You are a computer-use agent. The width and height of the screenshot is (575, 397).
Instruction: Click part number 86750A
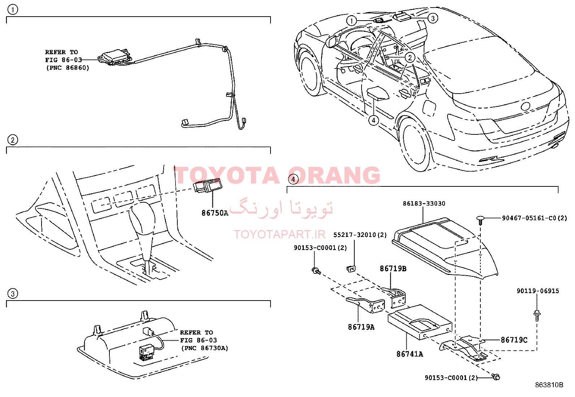(215, 213)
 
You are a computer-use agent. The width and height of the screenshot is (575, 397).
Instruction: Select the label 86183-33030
(424, 204)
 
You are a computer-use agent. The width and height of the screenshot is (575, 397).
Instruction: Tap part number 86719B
(393, 269)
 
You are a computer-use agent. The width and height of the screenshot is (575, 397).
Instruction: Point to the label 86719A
(361, 327)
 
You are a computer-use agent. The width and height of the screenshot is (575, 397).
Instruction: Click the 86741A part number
(410, 354)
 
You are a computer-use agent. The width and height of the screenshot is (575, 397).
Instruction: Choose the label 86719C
(514, 340)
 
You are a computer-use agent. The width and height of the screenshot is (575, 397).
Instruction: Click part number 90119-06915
(538, 291)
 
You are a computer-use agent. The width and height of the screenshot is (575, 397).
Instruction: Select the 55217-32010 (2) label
(360, 235)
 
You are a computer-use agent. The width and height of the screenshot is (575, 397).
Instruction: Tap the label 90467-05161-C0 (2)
(535, 218)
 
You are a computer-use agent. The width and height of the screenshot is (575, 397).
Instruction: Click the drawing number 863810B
(549, 385)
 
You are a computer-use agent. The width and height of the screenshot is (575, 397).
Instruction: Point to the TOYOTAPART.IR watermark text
(280, 234)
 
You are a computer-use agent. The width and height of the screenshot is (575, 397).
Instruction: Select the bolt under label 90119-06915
(537, 316)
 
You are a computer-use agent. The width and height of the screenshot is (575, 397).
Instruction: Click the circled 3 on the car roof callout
(433, 18)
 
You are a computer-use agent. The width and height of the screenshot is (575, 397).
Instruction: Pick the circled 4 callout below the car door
(373, 120)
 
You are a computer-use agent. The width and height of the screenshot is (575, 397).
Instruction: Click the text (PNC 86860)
(68, 68)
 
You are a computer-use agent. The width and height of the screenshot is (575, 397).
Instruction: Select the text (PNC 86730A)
(204, 348)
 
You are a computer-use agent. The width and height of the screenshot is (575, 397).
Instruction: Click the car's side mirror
(332, 41)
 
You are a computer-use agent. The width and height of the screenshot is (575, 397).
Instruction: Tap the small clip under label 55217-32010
(351, 269)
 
